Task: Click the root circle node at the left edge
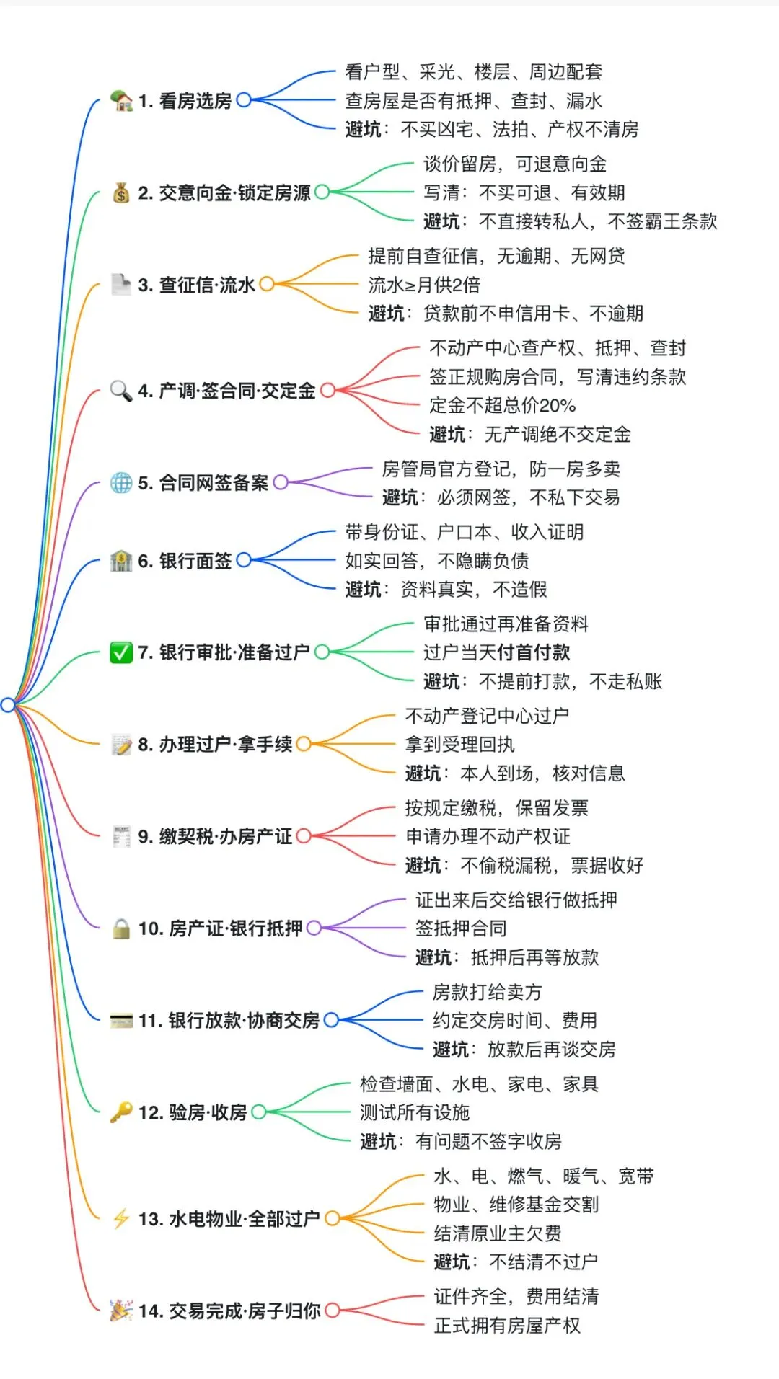(8, 704)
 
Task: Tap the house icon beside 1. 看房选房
(121, 100)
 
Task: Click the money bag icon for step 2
(121, 192)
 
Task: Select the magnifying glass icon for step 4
(120, 391)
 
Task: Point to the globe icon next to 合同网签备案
(120, 482)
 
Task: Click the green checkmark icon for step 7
(120, 652)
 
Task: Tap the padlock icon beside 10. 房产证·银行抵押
(120, 928)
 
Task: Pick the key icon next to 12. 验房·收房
(120, 1112)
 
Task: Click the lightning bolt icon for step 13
(120, 1218)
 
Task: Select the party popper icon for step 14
(120, 1310)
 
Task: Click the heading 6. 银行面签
(185, 561)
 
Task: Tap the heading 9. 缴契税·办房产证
(215, 836)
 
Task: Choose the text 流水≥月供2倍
(424, 285)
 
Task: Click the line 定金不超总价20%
(502, 405)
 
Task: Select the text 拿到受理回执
(460, 745)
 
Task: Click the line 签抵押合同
(461, 928)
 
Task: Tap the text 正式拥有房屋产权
(507, 1325)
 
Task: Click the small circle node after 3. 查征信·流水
(267, 284)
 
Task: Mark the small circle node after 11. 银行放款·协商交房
(331, 1020)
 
